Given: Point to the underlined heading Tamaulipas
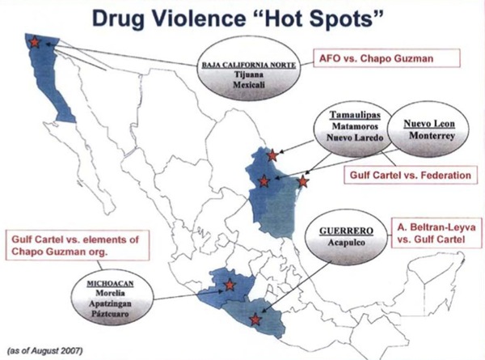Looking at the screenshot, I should [x=350, y=114].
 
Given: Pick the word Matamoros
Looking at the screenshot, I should [x=350, y=126].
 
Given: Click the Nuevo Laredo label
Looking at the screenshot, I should [x=350, y=138].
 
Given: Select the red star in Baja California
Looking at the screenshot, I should [x=34, y=42].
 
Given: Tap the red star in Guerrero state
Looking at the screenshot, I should [x=255, y=320].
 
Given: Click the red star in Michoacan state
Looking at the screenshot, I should [x=230, y=284].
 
